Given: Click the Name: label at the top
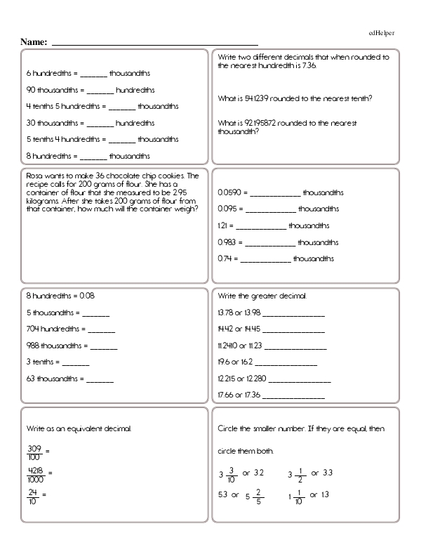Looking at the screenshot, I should pyautogui.click(x=34, y=43).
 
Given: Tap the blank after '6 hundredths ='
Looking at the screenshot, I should pyautogui.click(x=94, y=74).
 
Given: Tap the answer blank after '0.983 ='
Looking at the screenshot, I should pyautogui.click(x=271, y=243).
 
